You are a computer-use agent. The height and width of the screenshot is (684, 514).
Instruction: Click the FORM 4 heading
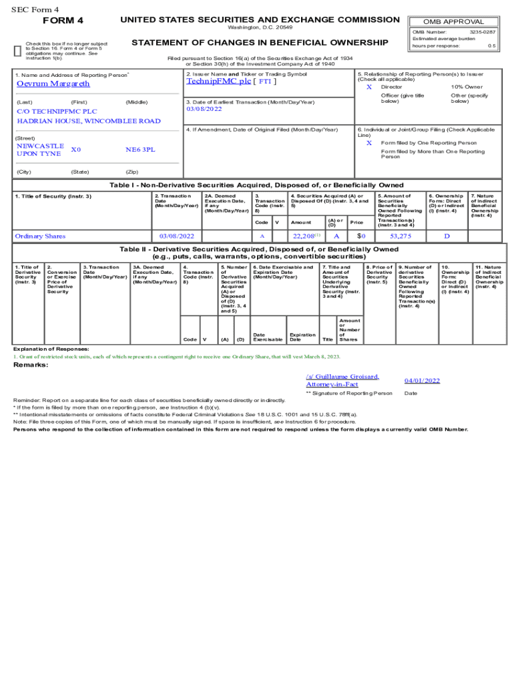63,20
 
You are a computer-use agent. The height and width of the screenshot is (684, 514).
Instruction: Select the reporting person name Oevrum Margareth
53,84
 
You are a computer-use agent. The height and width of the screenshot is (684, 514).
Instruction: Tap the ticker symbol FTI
266,81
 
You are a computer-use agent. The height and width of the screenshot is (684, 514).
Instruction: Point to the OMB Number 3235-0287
483,31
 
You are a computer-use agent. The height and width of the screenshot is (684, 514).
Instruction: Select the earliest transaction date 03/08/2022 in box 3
204,109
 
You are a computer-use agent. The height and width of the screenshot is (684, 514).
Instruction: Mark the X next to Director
369,88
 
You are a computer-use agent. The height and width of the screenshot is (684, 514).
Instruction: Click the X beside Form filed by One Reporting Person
369,143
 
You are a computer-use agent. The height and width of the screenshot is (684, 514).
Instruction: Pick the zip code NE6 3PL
140,150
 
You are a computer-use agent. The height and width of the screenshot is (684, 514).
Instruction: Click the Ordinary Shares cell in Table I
40,236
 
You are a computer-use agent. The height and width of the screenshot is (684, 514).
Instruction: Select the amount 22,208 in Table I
305,236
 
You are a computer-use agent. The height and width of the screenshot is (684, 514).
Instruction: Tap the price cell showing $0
360,236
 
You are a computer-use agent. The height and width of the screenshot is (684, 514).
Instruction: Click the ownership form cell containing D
447,236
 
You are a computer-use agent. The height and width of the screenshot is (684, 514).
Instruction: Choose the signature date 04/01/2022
422,381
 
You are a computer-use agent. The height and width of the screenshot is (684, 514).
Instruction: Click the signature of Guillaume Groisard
342,380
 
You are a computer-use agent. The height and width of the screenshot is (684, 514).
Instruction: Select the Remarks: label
31,365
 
